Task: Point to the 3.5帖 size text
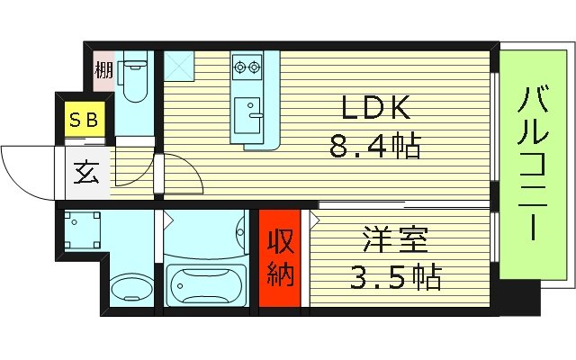397,276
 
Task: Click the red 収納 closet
282,260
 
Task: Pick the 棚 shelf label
103,69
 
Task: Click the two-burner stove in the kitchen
245,65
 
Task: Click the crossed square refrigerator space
177,66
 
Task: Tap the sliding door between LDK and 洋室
360,204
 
